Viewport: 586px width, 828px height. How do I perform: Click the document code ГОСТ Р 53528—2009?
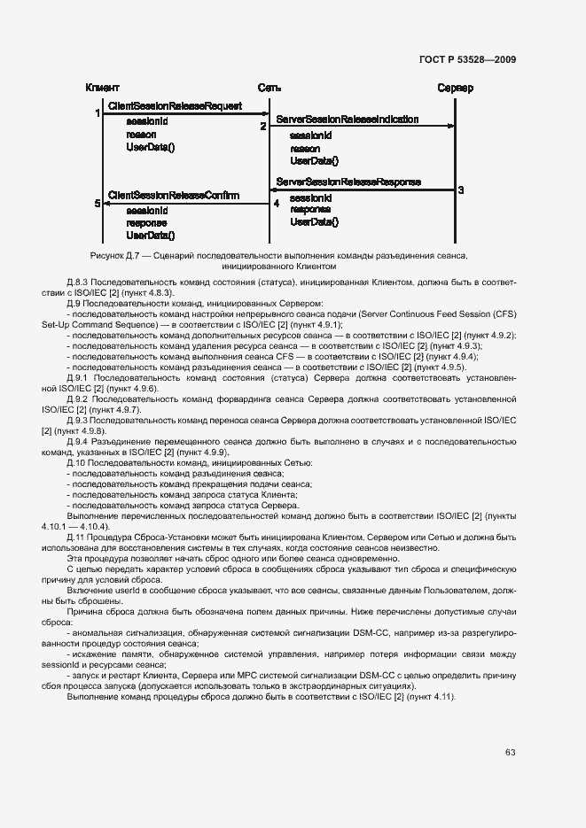(x=467, y=59)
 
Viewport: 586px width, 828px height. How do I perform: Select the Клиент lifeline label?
(x=103, y=88)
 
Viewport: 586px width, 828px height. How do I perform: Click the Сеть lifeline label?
(x=270, y=88)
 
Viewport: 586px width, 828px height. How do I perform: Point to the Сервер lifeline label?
(x=456, y=88)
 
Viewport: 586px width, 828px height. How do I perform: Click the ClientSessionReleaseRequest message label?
(x=175, y=106)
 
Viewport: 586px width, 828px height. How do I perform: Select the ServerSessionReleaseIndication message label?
(x=348, y=119)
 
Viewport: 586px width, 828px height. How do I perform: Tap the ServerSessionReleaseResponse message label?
(x=348, y=182)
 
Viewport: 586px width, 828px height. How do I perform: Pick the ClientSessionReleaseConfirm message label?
(x=173, y=195)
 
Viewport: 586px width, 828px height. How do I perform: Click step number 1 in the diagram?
(x=98, y=113)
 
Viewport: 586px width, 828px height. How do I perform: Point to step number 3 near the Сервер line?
(x=461, y=190)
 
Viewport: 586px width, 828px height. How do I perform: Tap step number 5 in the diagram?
(x=98, y=204)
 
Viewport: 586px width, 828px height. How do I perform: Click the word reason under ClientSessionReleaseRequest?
(x=141, y=135)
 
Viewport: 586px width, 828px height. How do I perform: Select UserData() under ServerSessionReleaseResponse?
(x=314, y=222)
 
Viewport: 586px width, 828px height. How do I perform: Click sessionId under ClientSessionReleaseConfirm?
(x=146, y=211)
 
